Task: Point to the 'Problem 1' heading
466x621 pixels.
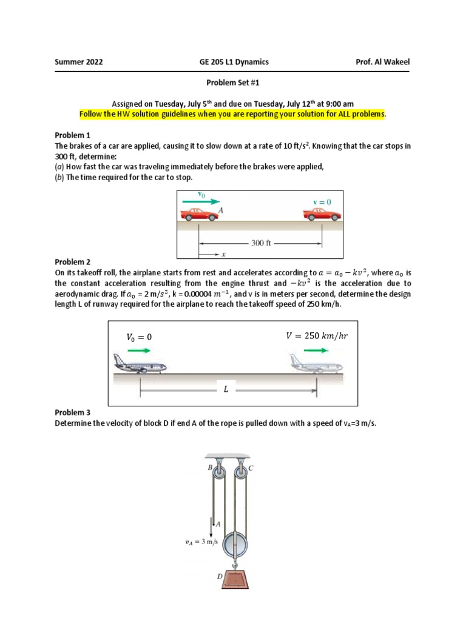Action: pyautogui.click(x=73, y=135)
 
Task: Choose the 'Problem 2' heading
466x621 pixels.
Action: pyautogui.click(x=73, y=262)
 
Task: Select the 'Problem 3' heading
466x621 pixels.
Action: pyautogui.click(x=73, y=412)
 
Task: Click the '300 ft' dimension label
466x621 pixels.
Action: pyautogui.click(x=262, y=243)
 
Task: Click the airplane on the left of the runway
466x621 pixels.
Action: pyautogui.click(x=140, y=366)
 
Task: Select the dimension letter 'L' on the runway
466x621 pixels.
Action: pyautogui.click(x=226, y=390)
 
